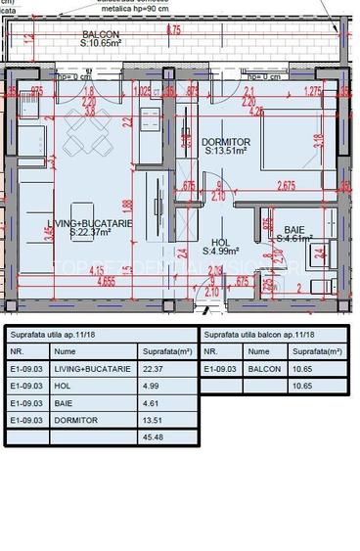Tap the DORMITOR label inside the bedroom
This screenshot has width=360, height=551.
point(226,142)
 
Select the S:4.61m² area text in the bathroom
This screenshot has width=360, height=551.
point(293,238)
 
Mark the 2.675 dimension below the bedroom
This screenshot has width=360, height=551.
point(286,186)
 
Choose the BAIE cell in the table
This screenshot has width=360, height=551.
point(63,402)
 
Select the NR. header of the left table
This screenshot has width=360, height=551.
point(16,350)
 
